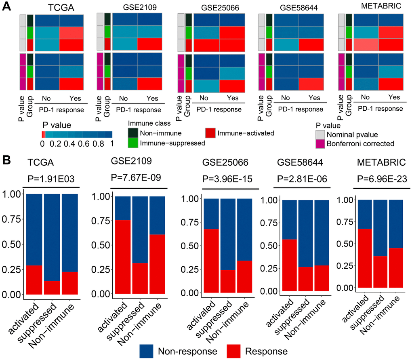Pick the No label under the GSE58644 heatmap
pyautogui.click(x=286, y=97)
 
